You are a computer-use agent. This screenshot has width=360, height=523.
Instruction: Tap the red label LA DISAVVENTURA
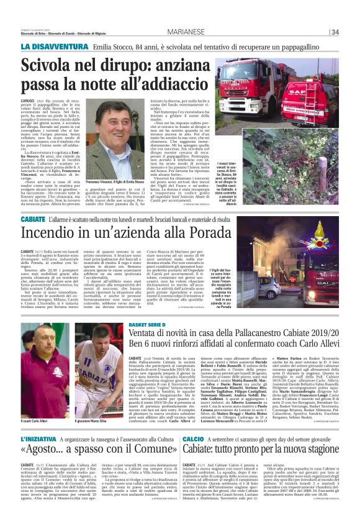pos(52,47)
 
